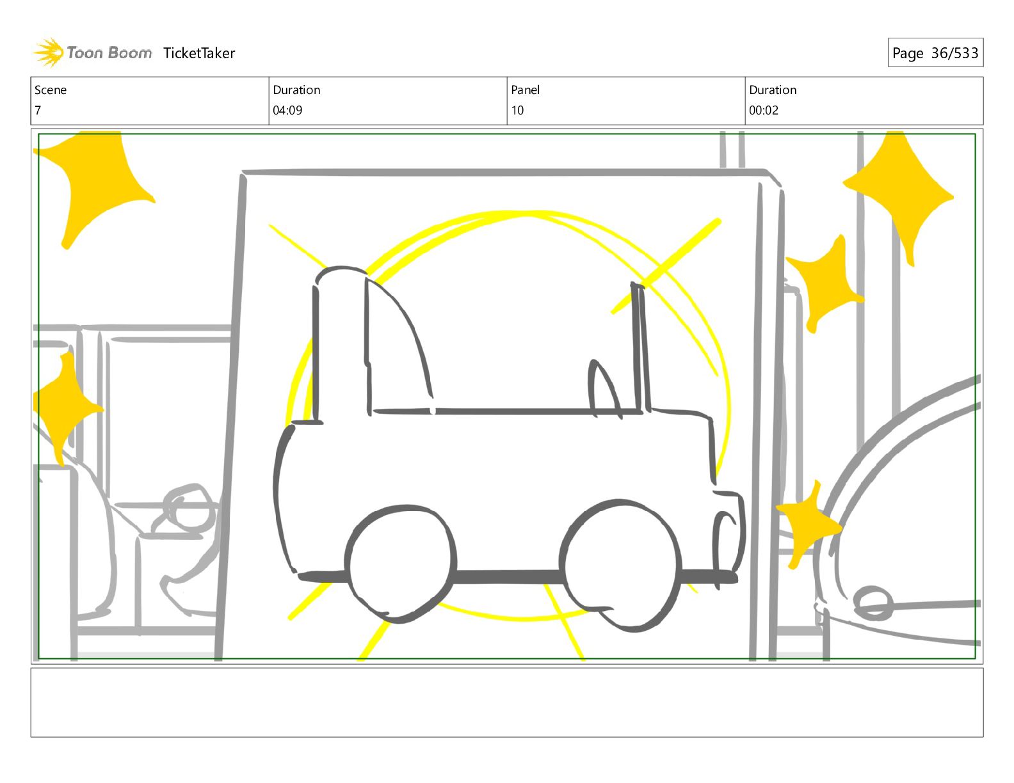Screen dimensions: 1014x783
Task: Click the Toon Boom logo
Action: [x=93, y=52]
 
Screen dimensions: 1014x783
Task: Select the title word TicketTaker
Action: [x=199, y=53]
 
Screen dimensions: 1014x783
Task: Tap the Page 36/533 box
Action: [x=935, y=52]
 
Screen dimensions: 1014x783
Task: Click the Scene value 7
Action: [x=38, y=111]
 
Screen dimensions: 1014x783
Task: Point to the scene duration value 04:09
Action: [x=287, y=111]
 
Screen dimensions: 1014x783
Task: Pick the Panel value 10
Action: [x=517, y=111]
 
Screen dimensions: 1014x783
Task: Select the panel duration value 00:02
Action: [x=764, y=111]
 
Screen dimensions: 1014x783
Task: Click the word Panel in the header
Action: [x=525, y=90]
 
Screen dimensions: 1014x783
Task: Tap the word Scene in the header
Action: [x=51, y=90]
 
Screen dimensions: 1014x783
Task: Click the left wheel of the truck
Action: [x=400, y=564]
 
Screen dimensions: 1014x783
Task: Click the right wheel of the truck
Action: [x=620, y=565]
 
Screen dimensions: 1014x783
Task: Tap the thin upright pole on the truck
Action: [x=640, y=347]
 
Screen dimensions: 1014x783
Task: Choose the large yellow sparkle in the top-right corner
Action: [x=898, y=196]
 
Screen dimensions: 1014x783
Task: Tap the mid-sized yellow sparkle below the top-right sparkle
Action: [x=825, y=285]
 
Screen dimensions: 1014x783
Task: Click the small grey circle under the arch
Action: [x=873, y=603]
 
